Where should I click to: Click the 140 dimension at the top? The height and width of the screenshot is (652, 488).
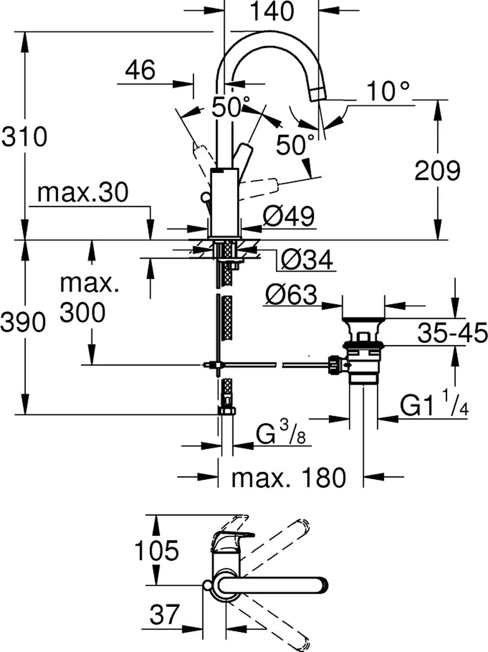[271, 11]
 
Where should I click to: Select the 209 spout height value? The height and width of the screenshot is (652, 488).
[438, 172]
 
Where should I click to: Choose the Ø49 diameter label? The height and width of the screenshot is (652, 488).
[288, 218]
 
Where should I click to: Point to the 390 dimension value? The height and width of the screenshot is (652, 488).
[22, 324]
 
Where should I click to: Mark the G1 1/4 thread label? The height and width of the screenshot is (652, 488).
[434, 406]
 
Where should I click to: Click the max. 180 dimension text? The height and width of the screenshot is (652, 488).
[288, 478]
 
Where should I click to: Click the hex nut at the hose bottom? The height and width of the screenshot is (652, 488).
[226, 410]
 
